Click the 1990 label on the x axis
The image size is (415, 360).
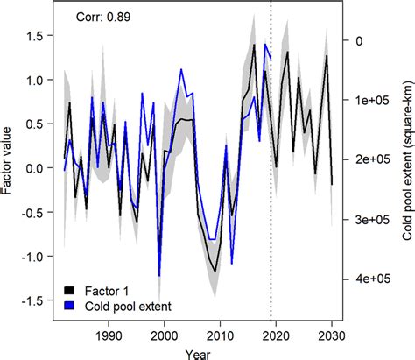click(109, 334)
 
